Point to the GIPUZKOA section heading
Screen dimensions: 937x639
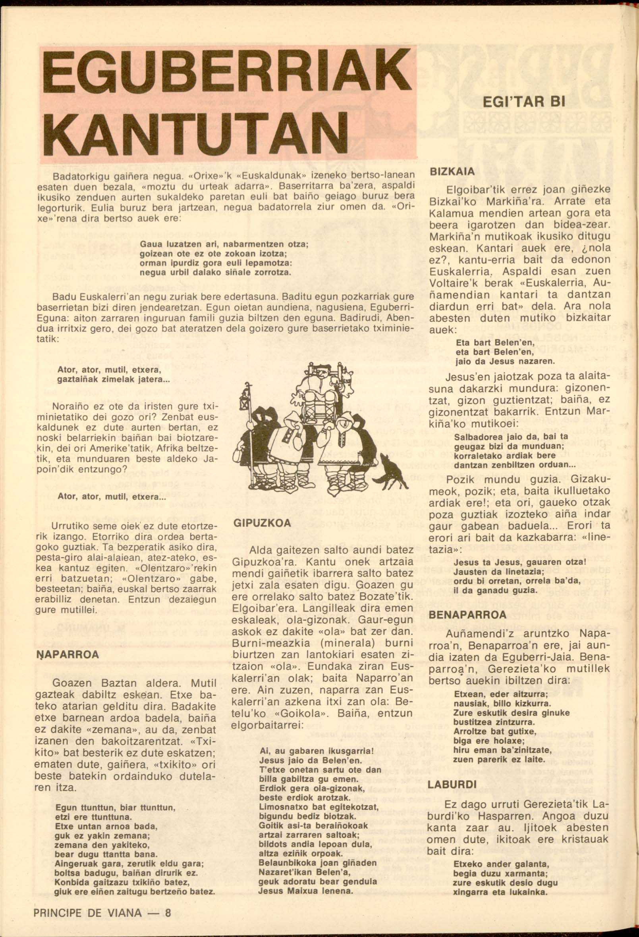tap(262, 523)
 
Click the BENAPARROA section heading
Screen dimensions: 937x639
tap(467, 615)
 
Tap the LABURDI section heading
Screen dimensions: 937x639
tap(450, 785)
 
